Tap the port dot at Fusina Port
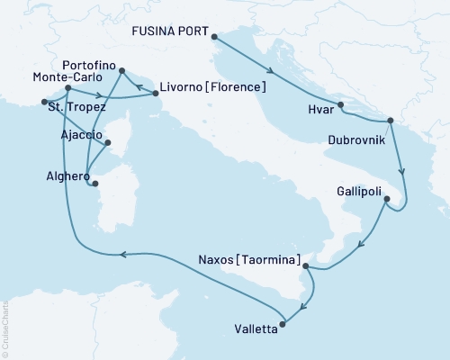(214, 36)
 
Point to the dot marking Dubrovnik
(390, 121)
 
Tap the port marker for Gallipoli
(386, 202)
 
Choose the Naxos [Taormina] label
(248, 259)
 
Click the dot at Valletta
(283, 322)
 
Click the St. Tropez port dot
(44, 102)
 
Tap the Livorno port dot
(149, 87)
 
